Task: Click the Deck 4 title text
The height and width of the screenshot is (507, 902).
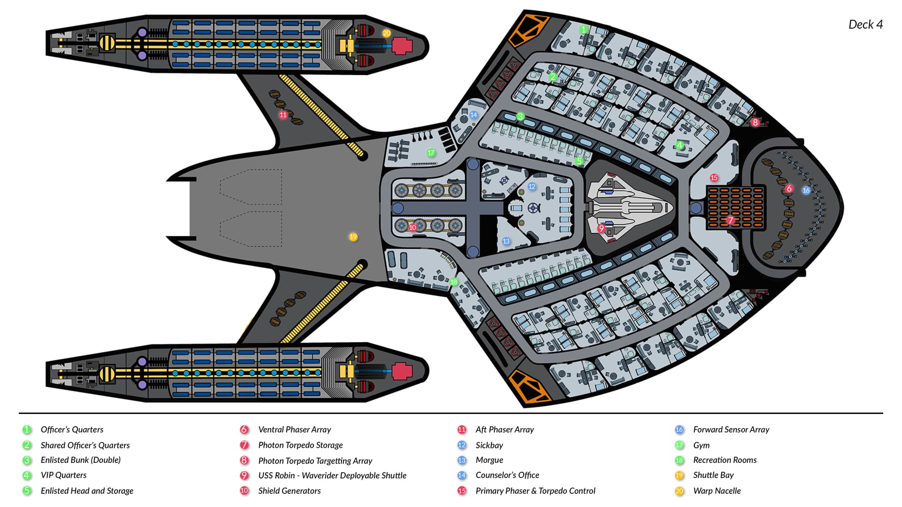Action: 865,24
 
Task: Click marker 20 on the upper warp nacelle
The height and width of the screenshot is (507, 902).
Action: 386,33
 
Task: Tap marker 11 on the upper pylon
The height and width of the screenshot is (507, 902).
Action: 283,115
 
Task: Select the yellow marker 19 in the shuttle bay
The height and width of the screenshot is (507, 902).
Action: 353,237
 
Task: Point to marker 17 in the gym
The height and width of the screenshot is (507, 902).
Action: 431,153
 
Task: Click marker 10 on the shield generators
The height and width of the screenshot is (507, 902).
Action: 412,228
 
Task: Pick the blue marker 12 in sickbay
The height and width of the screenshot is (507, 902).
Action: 532,186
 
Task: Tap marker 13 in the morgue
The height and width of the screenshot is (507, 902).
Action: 506,241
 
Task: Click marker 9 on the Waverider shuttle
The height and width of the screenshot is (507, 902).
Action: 601,229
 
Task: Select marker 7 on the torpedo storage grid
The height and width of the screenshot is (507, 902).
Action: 730,220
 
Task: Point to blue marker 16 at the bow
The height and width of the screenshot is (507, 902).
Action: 806,191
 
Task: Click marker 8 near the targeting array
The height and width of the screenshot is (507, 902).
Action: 755,123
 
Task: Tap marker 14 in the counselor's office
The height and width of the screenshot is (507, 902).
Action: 474,115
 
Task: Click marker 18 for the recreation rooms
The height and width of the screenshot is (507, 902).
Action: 454,282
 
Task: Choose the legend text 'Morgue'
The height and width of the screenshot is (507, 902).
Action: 489,460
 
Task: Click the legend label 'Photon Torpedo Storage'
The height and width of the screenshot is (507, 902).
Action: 300,445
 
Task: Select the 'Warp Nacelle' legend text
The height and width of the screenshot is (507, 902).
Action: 717,491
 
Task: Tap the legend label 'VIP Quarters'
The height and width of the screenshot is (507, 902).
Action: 63,475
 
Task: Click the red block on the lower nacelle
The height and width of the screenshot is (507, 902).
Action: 402,371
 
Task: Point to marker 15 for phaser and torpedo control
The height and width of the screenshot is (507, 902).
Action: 714,178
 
